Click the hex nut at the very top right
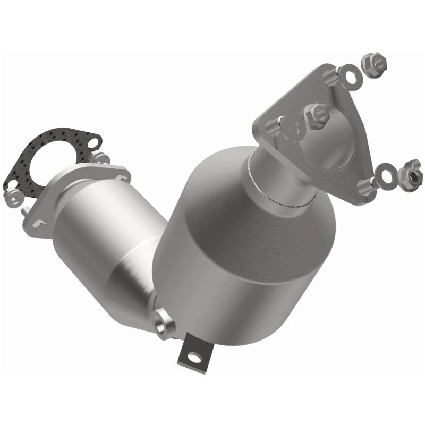[375, 63]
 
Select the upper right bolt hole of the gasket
[93, 142]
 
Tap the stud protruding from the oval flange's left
[25, 211]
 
